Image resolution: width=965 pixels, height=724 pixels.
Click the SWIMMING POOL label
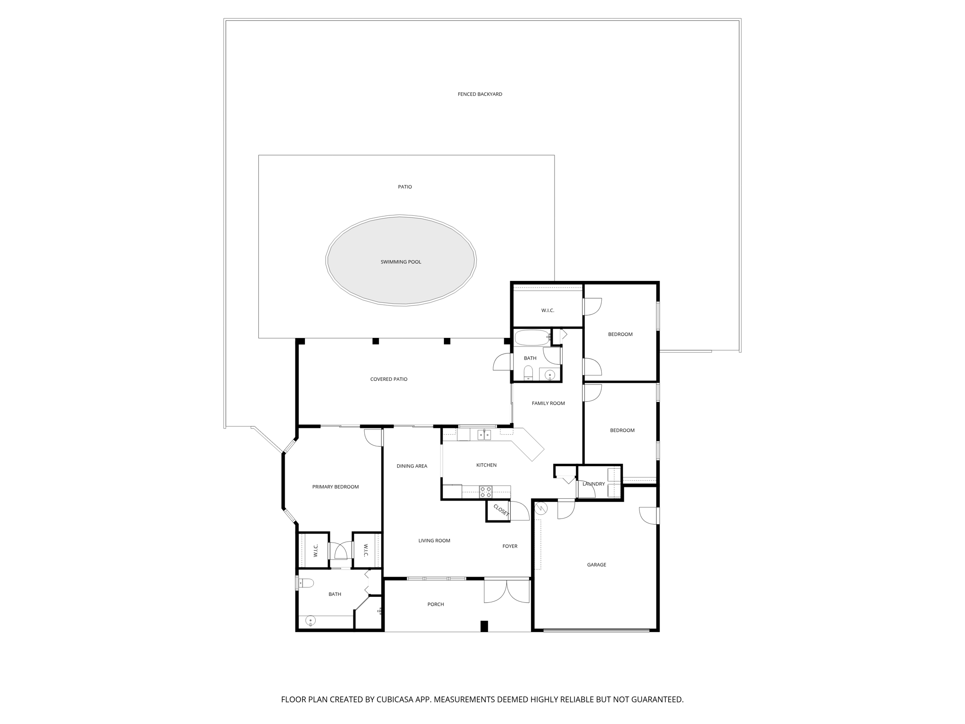tap(401, 262)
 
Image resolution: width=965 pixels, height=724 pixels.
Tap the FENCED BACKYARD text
tap(480, 94)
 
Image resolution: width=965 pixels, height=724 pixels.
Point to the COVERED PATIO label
tap(389, 379)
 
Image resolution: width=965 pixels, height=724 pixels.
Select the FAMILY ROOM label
tap(548, 403)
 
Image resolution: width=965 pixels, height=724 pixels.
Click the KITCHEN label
tap(486, 465)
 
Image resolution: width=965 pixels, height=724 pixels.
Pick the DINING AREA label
tap(412, 466)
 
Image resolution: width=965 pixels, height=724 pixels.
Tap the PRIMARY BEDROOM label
tap(335, 487)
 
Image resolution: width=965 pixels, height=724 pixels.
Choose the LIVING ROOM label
tap(434, 541)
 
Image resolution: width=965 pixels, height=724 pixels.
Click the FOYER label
tap(510, 546)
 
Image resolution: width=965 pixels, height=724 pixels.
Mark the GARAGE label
tap(597, 565)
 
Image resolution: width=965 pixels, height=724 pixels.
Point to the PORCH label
tap(435, 604)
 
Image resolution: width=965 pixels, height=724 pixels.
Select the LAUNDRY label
tap(593, 484)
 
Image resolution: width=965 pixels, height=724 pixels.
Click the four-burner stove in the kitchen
tap(485, 492)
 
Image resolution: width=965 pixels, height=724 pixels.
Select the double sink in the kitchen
tap(484, 435)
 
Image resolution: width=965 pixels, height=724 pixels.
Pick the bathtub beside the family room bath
tap(532, 337)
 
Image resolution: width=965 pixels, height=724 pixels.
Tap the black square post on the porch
tap(484, 626)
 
